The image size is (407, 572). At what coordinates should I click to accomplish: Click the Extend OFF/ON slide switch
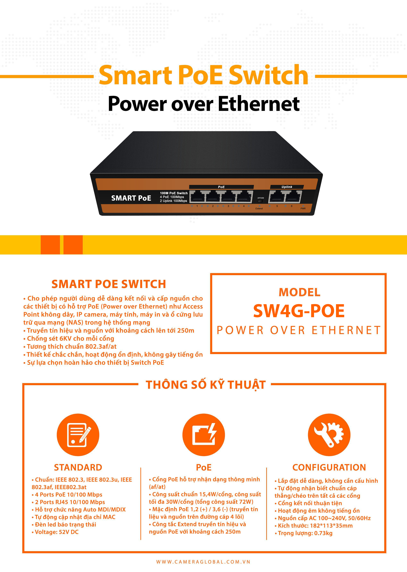tap(260, 201)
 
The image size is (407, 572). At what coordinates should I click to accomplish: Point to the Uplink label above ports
tap(287, 187)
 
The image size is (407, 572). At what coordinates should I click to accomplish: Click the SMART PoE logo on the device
tap(131, 198)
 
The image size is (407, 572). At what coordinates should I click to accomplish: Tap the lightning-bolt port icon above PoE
tap(204, 435)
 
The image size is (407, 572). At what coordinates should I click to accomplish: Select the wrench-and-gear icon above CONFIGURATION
tap(329, 435)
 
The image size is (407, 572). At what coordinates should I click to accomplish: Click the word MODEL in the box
tap(299, 292)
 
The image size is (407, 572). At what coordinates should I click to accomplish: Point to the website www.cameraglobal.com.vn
tap(203, 562)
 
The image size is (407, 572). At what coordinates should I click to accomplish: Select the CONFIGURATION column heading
tap(329, 467)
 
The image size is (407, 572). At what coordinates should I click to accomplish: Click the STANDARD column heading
tap(78, 467)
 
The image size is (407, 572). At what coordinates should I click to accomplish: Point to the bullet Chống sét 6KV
tap(69, 339)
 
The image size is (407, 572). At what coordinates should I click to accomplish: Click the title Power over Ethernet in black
tap(204, 104)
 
